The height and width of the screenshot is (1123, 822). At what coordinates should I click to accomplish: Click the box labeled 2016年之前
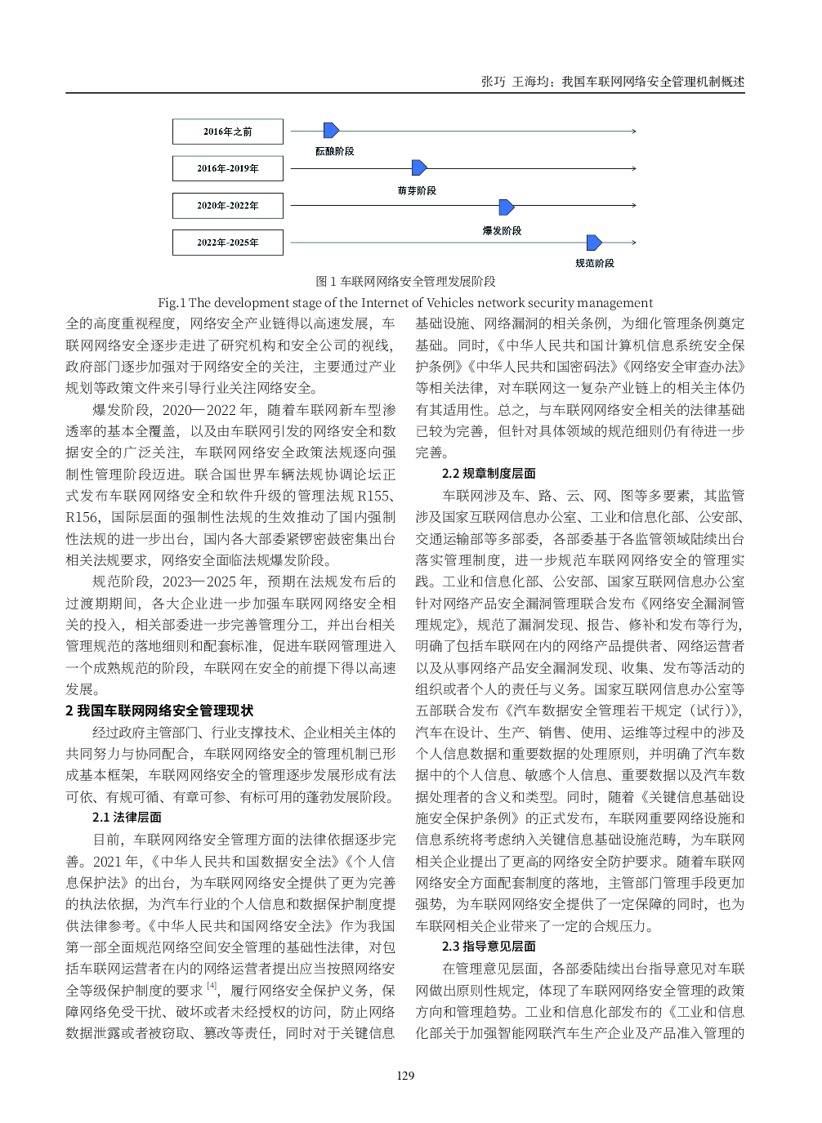(x=228, y=131)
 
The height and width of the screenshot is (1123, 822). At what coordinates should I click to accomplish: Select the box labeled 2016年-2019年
(x=228, y=168)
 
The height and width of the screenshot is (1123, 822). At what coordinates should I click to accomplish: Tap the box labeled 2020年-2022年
(x=228, y=206)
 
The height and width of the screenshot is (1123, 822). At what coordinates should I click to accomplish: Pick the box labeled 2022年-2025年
(x=228, y=243)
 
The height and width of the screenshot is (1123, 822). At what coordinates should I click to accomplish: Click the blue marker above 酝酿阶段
(x=331, y=131)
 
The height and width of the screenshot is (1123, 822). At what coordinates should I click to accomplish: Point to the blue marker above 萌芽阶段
(x=419, y=168)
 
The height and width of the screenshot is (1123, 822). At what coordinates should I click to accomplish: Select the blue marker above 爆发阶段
(x=507, y=207)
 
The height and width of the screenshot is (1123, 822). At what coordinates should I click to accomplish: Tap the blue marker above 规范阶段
(x=594, y=243)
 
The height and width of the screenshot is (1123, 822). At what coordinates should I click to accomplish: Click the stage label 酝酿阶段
(x=335, y=151)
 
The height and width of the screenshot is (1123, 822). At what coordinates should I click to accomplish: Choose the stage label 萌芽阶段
(x=417, y=190)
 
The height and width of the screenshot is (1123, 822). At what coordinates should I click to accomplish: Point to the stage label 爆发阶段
(x=502, y=231)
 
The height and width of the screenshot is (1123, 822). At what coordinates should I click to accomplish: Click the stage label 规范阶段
(x=594, y=263)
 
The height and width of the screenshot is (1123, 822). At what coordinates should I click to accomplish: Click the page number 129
(x=405, y=1076)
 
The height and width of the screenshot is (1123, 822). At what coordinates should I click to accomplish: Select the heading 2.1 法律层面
(x=127, y=818)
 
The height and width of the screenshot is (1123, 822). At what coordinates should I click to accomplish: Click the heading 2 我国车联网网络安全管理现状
(x=159, y=711)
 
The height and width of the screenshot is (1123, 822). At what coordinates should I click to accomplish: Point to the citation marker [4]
(x=212, y=987)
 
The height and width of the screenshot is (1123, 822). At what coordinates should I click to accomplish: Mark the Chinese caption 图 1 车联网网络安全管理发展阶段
(x=405, y=282)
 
